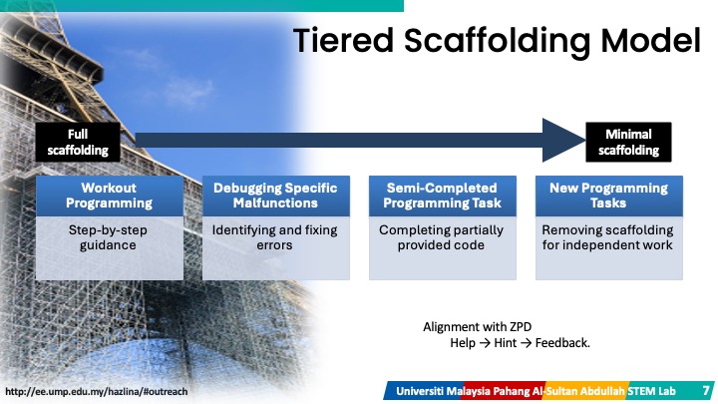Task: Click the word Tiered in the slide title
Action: click(343, 40)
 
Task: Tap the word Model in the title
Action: click(650, 40)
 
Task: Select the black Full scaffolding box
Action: click(78, 142)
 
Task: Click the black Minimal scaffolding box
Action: click(628, 142)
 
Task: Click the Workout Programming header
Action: click(110, 196)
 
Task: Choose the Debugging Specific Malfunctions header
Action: click(275, 196)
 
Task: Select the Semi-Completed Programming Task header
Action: click(443, 196)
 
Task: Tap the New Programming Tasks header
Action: click(609, 196)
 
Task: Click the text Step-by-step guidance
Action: click(108, 237)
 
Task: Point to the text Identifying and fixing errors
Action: click(275, 237)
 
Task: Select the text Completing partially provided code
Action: click(441, 237)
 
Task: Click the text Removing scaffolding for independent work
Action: click(607, 237)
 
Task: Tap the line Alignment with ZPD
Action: click(477, 327)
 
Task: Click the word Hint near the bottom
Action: click(505, 343)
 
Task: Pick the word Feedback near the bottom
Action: click(562, 343)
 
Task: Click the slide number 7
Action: click(707, 391)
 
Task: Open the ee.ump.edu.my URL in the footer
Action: click(96, 392)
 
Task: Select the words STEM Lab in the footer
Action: click(651, 391)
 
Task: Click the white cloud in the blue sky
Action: click(187, 91)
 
